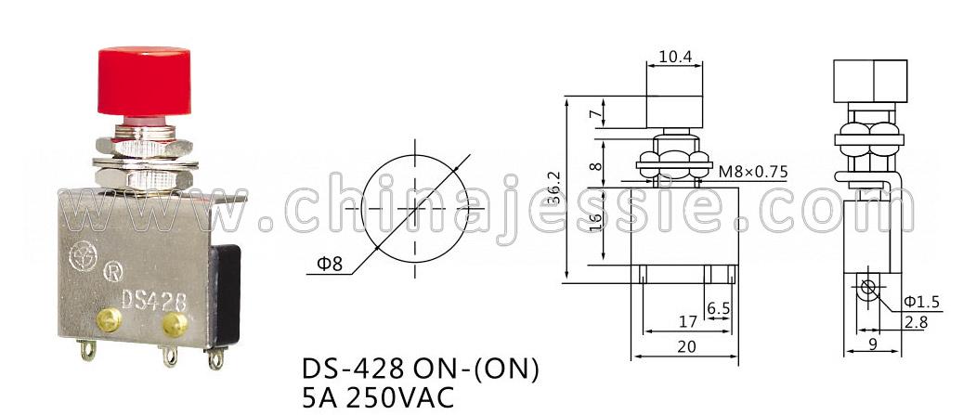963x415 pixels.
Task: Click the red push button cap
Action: [144, 81]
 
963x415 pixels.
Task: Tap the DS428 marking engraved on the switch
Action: [153, 300]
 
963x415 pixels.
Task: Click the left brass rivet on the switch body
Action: [109, 319]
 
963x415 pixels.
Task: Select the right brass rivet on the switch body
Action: [175, 324]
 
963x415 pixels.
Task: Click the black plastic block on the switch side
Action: [224, 294]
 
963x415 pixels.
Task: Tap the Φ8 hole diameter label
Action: [329, 265]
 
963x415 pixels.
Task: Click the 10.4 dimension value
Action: [675, 57]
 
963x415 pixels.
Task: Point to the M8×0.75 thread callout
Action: [752, 172]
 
